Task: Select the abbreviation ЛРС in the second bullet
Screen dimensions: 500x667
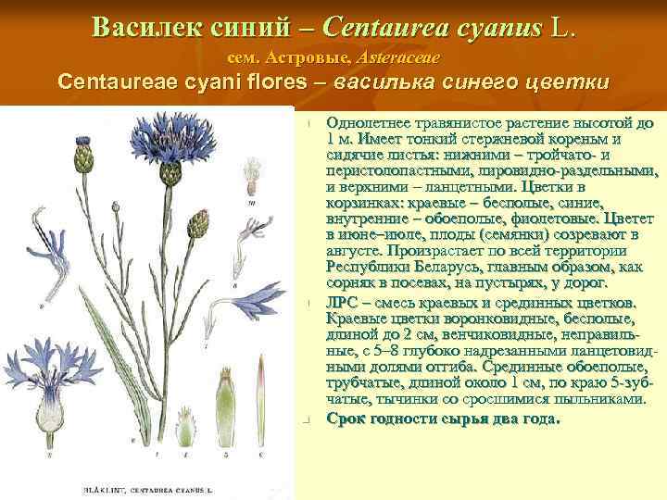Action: [346, 304]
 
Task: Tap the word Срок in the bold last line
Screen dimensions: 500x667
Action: [346, 418]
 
